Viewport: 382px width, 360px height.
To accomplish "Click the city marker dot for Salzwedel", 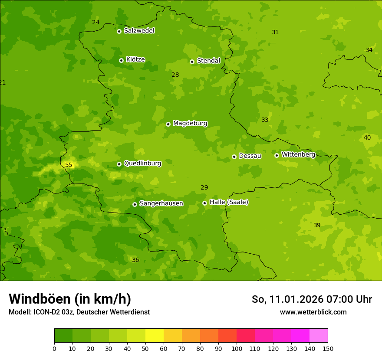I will click(x=119, y=31).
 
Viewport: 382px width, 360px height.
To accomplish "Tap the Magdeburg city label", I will click(x=190, y=124).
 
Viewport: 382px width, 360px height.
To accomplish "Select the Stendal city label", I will click(x=208, y=61).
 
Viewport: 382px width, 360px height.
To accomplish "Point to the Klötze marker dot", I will click(x=121, y=60).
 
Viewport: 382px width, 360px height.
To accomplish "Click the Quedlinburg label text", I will click(x=142, y=164).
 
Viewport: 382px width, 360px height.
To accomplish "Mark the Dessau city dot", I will click(x=234, y=157).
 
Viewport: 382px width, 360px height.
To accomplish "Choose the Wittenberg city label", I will click(x=298, y=154).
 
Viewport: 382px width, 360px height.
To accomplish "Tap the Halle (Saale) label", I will click(x=229, y=202).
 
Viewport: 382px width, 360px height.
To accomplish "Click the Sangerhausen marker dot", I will click(x=135, y=204).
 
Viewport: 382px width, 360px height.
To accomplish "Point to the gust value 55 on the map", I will click(x=69, y=165).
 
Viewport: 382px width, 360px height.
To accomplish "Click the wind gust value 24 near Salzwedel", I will click(x=96, y=22).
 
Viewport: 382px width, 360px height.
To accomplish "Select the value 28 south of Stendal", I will click(x=175, y=75).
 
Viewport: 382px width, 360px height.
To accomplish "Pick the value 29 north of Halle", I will click(x=204, y=187).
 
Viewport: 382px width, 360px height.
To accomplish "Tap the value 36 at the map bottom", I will click(x=135, y=260).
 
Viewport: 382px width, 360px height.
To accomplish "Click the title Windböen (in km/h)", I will click(x=70, y=299).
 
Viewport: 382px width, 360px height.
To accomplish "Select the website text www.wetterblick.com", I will click(x=313, y=312).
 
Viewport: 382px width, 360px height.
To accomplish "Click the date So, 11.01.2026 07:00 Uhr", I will click(x=312, y=299).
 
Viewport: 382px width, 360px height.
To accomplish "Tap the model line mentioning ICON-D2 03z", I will click(x=79, y=312).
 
